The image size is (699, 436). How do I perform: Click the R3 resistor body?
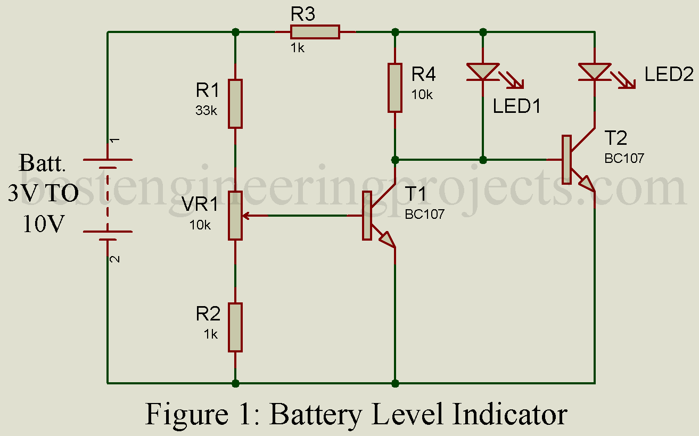[315, 32]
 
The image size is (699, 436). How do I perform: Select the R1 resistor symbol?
[235, 104]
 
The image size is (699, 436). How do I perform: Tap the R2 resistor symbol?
[235, 327]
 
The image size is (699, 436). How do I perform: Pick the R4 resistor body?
[394, 88]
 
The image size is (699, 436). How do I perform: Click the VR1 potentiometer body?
[235, 216]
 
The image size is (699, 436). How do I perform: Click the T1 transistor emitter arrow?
[387, 241]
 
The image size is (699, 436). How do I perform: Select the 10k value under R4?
[422, 94]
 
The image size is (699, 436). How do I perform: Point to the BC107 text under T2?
[624, 158]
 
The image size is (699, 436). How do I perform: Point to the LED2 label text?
[669, 75]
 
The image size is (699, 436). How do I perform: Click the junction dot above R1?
[235, 32]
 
